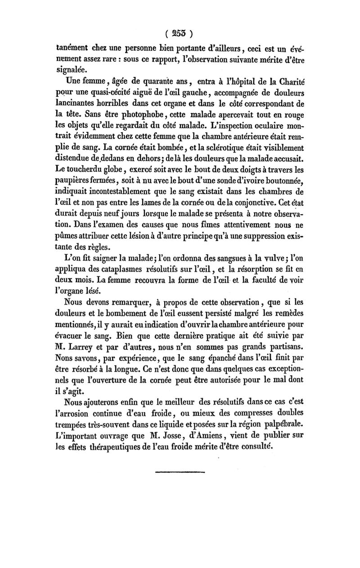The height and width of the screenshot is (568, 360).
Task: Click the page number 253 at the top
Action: click(180, 33)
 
